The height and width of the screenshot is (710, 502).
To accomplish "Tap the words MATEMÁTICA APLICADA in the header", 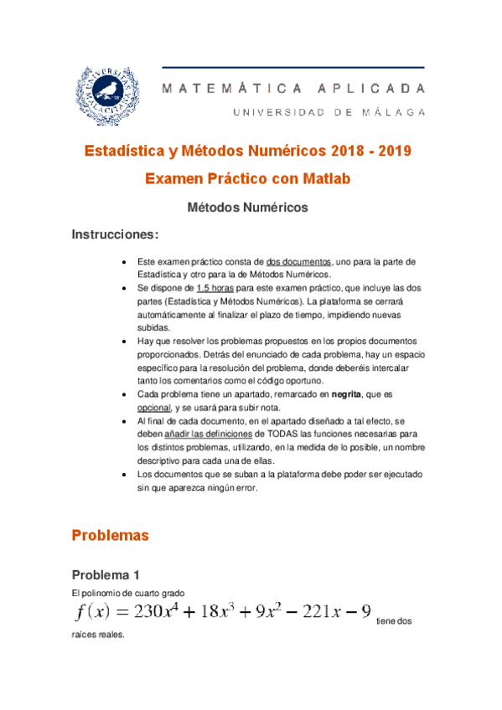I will point(293,88).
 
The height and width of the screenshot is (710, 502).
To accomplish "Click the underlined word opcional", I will point(153,406).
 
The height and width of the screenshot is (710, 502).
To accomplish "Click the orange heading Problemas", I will point(110,534).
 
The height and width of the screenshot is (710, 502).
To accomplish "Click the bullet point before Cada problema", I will point(125,393).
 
